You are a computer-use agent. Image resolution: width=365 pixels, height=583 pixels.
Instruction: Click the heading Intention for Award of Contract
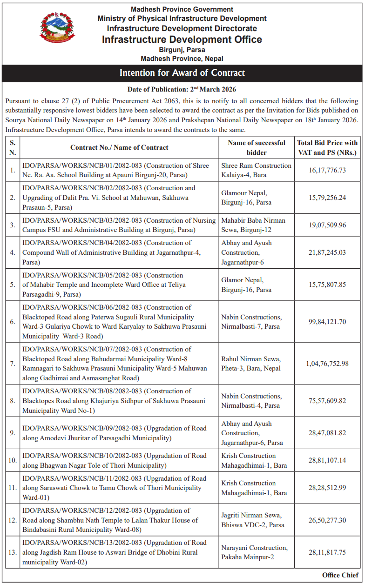pos(182,73)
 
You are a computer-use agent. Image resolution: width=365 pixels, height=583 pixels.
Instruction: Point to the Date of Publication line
pos(182,89)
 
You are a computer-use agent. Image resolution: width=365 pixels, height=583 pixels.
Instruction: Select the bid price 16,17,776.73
pos(327,170)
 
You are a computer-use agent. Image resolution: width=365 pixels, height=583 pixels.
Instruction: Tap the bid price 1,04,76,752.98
pos(327,364)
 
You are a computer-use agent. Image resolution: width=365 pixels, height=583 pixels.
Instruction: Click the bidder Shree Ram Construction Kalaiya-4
pos(256,170)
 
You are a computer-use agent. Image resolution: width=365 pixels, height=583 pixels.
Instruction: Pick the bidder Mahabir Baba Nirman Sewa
pos(253,225)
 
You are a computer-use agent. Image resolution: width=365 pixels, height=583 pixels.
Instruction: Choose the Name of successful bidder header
pos(256,147)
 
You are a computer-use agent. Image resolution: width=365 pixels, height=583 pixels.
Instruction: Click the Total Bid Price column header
pos(327,147)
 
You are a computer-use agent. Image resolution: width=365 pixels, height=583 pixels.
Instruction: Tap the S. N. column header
pos(13,147)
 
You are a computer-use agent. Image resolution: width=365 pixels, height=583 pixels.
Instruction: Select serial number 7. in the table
pos(13,364)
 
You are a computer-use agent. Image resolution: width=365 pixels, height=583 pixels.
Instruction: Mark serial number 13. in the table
pos(13,552)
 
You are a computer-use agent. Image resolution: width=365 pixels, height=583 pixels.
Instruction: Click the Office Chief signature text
pos(340,575)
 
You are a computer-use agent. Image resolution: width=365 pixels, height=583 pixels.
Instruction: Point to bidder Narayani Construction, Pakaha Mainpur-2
pos(254,552)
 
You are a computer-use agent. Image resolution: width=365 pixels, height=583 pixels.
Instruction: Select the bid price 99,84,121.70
pos(327,322)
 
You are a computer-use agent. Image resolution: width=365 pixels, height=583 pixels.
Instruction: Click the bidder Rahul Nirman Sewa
pos(251,364)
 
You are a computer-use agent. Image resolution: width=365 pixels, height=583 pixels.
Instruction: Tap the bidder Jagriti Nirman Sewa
pos(251,520)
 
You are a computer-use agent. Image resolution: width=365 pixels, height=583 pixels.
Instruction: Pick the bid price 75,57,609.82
pos(327,401)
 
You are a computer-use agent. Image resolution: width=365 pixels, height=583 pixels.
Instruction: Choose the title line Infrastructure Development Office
pos(182,40)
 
